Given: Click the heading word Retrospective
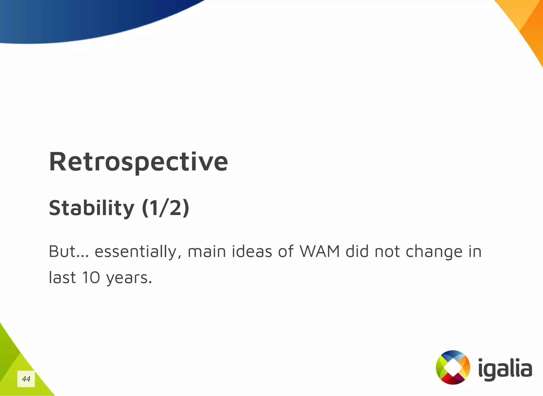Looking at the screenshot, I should coord(138,162).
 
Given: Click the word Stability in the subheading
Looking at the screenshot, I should coord(91,208).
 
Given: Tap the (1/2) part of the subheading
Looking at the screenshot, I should coord(166,208).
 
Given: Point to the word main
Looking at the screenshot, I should coord(207,251).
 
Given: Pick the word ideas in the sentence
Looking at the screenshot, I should coord(252,251).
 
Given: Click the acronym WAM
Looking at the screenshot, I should coord(319,251).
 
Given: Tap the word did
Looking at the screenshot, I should coord(357,251).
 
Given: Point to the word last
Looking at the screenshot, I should coord(62,277).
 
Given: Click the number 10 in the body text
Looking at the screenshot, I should coord(91,277).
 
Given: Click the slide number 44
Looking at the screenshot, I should coord(26,379).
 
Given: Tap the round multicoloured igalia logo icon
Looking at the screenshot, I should coord(453,367).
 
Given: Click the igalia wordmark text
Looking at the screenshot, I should coord(505,369).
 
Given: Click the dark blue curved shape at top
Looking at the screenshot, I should coord(80,21).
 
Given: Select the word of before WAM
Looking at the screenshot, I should coord(286,251).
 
